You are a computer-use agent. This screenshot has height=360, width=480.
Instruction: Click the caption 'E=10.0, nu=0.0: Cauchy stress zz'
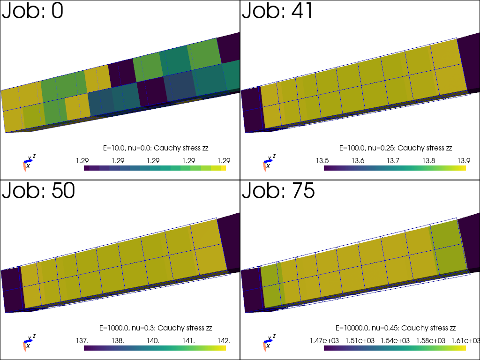click(x=156, y=148)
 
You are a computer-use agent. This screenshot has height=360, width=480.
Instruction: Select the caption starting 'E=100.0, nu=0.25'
click(x=396, y=148)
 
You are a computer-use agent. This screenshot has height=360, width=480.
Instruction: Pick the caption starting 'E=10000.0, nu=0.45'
click(x=396, y=328)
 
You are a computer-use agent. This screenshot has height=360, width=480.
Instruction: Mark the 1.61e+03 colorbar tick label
click(x=465, y=341)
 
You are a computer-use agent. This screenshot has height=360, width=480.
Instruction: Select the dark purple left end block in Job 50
click(x=11, y=291)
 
